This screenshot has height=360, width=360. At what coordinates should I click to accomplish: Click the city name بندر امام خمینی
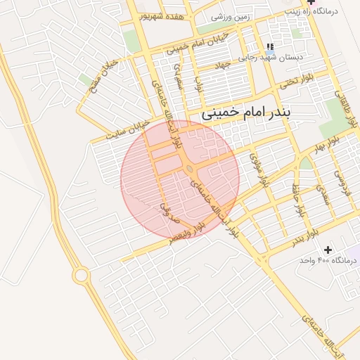pos(259,112)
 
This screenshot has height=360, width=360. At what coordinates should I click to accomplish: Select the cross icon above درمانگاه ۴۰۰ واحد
pos(328,250)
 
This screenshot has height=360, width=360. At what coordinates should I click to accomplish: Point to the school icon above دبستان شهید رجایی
pos(269,47)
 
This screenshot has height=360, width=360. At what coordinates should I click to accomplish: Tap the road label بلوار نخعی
pos(294,82)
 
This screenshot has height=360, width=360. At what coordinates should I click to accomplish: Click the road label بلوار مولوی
pos(259,169)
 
